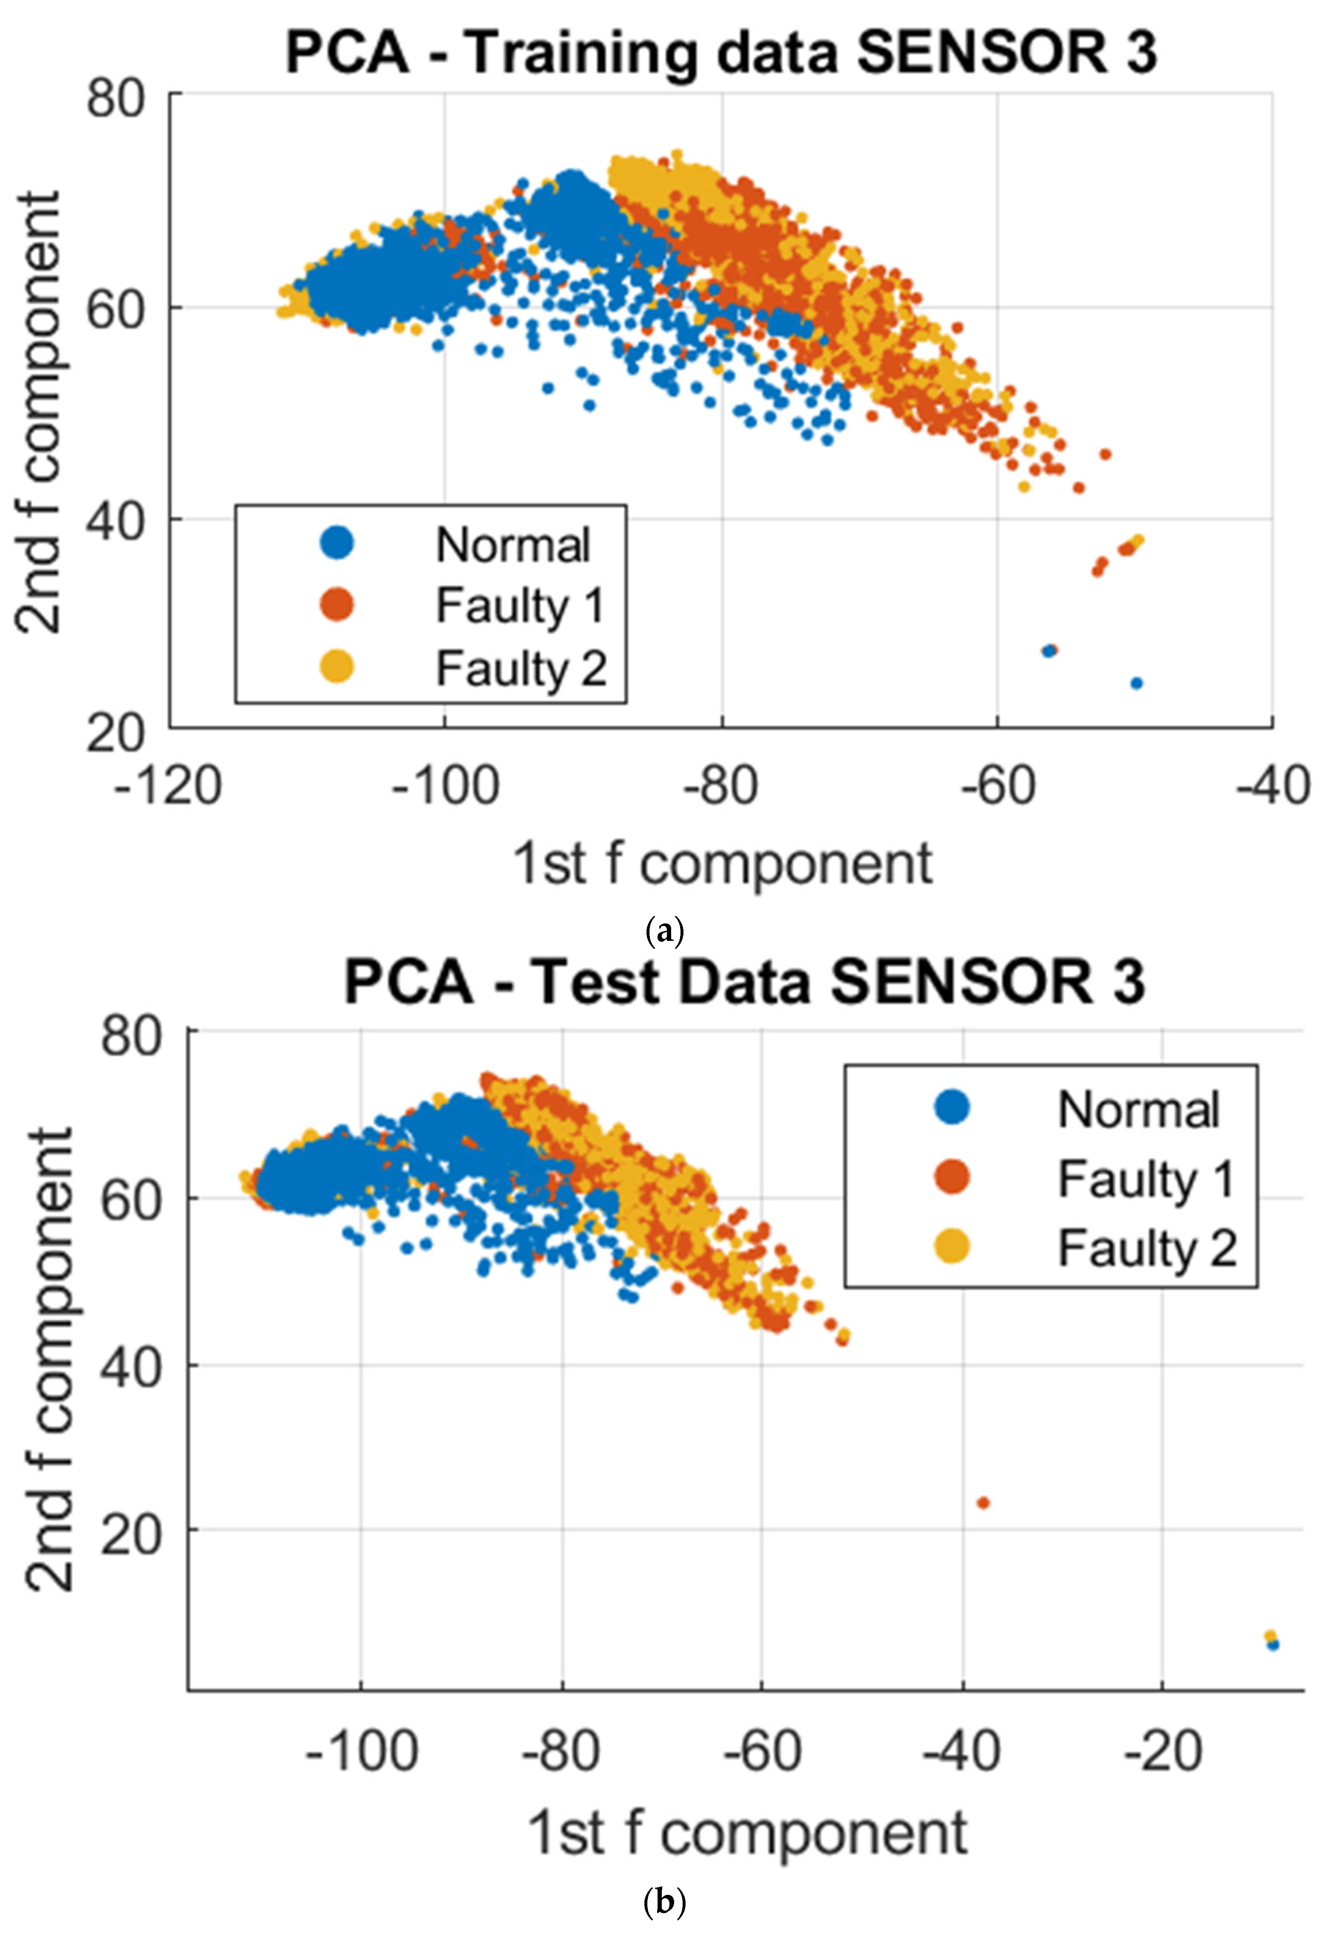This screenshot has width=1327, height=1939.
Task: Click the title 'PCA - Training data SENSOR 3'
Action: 721,52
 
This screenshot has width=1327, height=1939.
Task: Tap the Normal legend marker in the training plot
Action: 337,543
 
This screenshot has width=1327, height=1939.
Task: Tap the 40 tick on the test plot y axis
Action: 130,1368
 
